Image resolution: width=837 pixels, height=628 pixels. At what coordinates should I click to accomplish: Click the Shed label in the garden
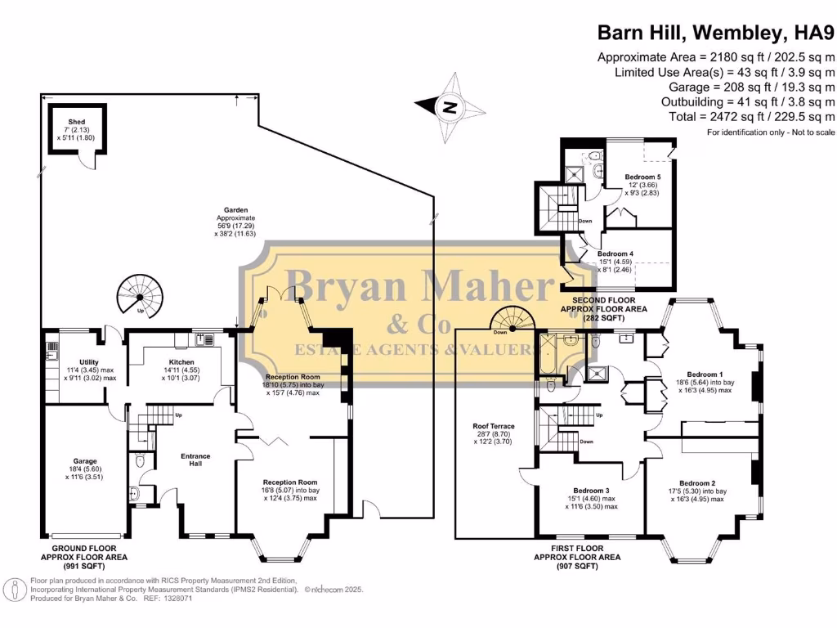pyautogui.click(x=77, y=122)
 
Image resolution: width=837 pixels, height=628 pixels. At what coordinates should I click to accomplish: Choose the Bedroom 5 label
pyautogui.click(x=642, y=177)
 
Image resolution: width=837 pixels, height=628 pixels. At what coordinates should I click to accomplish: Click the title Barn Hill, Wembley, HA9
pyautogui.click(x=716, y=33)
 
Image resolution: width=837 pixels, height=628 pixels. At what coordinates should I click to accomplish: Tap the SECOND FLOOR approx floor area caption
pyautogui.click(x=603, y=309)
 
